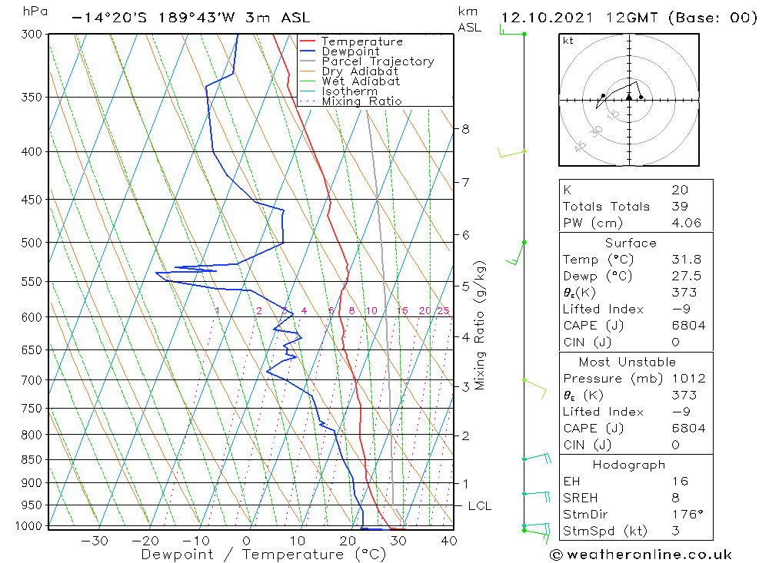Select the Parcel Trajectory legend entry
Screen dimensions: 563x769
pos(378,61)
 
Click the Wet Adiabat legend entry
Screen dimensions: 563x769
pos(361,81)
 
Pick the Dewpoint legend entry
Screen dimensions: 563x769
pos(351,51)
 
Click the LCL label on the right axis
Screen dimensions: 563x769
pos(479,506)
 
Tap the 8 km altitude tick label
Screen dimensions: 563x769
pos(465,129)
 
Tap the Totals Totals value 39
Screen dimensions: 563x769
pos(680,207)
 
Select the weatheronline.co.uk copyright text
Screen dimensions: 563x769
pos(641,555)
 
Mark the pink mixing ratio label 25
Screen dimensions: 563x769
pos(443,311)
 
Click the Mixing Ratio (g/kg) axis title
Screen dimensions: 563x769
pos(481,326)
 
